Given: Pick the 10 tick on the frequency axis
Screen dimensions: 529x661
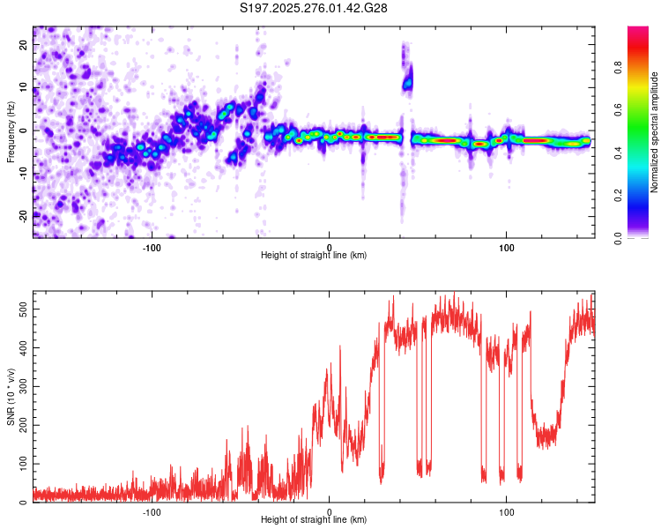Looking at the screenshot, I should [x=25, y=87].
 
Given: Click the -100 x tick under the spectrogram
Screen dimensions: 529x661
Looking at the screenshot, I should [x=152, y=246].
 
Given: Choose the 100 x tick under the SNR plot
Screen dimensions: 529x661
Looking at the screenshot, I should [x=507, y=510].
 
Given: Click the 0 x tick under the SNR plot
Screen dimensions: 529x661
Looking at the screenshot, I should [x=329, y=510].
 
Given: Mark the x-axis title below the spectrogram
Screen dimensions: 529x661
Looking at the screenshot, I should [x=314, y=256].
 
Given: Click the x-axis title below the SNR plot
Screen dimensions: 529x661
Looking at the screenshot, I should [x=314, y=520].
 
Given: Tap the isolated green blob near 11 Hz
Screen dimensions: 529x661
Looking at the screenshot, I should [x=407, y=84].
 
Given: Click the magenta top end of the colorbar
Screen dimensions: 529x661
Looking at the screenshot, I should [x=638, y=32].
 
